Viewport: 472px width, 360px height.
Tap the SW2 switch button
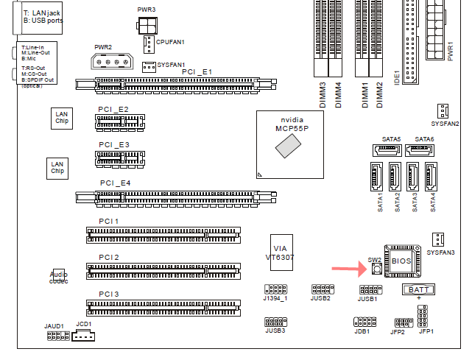[x=376, y=270]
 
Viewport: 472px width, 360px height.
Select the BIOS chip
[x=399, y=261]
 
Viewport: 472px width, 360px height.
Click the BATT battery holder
[x=418, y=290]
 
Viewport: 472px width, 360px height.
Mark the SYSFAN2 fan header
[x=443, y=110]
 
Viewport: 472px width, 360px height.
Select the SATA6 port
[x=420, y=150]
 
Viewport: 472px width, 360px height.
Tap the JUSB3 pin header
[x=275, y=322]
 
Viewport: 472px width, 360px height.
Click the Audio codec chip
[x=58, y=277]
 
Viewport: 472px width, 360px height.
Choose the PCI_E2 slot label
[x=113, y=109]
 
